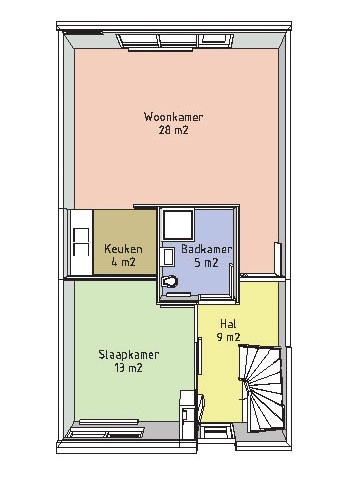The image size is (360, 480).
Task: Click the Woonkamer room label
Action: coord(173,117)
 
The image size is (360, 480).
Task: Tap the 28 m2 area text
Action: coord(173,130)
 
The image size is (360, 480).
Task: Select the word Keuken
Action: coord(123,249)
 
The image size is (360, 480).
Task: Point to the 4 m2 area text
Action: coord(123,262)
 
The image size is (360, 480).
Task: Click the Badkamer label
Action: coord(207,249)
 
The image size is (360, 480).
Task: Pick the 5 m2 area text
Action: coord(206,263)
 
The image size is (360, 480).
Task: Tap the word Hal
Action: coord(228,324)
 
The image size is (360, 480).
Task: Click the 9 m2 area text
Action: coord(228,337)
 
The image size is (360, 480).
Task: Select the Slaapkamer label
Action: coord(129,354)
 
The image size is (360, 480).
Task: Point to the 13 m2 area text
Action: coord(129,368)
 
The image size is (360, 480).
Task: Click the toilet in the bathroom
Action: coord(170,282)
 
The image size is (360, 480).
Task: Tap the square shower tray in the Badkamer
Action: coord(178,224)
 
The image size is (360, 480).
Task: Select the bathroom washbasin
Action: coord(168,256)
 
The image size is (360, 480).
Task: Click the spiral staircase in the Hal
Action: coord(262,388)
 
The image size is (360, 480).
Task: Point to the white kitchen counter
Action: coord(81,242)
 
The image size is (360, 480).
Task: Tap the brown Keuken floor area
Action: coord(125,242)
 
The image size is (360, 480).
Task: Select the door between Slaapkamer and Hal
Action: coord(199,357)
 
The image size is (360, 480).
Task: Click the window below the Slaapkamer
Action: coord(106,428)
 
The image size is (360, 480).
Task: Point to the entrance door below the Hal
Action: coord(216,431)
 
